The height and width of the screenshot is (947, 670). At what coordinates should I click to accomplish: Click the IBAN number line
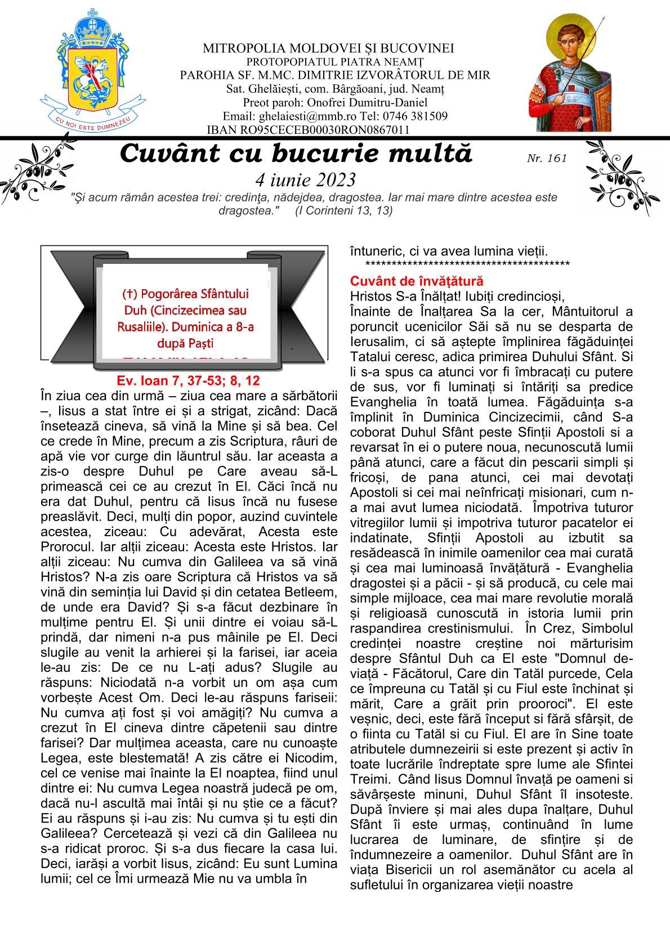(308, 130)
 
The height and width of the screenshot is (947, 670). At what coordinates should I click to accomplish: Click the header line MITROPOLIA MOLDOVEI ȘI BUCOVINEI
(329, 49)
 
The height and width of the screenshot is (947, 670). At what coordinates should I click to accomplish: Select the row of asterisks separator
(467, 264)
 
